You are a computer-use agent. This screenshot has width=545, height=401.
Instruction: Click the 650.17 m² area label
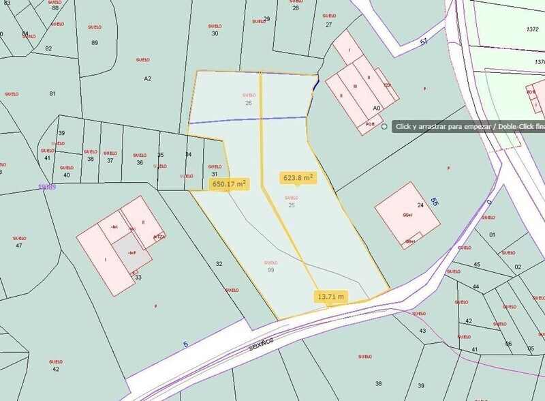(229, 184)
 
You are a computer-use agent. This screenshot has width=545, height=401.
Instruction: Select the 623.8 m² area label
(298, 178)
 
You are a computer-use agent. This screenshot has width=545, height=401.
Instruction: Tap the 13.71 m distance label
(331, 297)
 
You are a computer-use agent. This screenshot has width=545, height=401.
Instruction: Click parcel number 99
(270, 270)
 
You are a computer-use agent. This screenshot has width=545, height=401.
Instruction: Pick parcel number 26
(249, 103)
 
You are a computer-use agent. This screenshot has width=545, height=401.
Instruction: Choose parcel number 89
(95, 42)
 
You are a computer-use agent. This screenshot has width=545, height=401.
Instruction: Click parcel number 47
(19, 246)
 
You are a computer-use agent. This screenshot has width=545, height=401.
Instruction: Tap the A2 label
(147, 78)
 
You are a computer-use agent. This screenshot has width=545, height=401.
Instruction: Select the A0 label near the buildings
(376, 108)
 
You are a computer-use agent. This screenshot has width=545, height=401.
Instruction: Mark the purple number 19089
(47, 185)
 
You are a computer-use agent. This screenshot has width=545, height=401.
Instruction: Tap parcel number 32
(219, 263)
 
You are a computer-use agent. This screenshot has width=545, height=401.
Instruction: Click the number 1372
(533, 29)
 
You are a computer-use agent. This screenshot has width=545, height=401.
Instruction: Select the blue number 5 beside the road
(186, 344)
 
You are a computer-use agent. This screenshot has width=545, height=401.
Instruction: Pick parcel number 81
(52, 93)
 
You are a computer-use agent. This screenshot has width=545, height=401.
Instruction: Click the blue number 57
(423, 42)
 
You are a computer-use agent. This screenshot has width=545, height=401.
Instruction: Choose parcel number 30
(215, 33)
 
